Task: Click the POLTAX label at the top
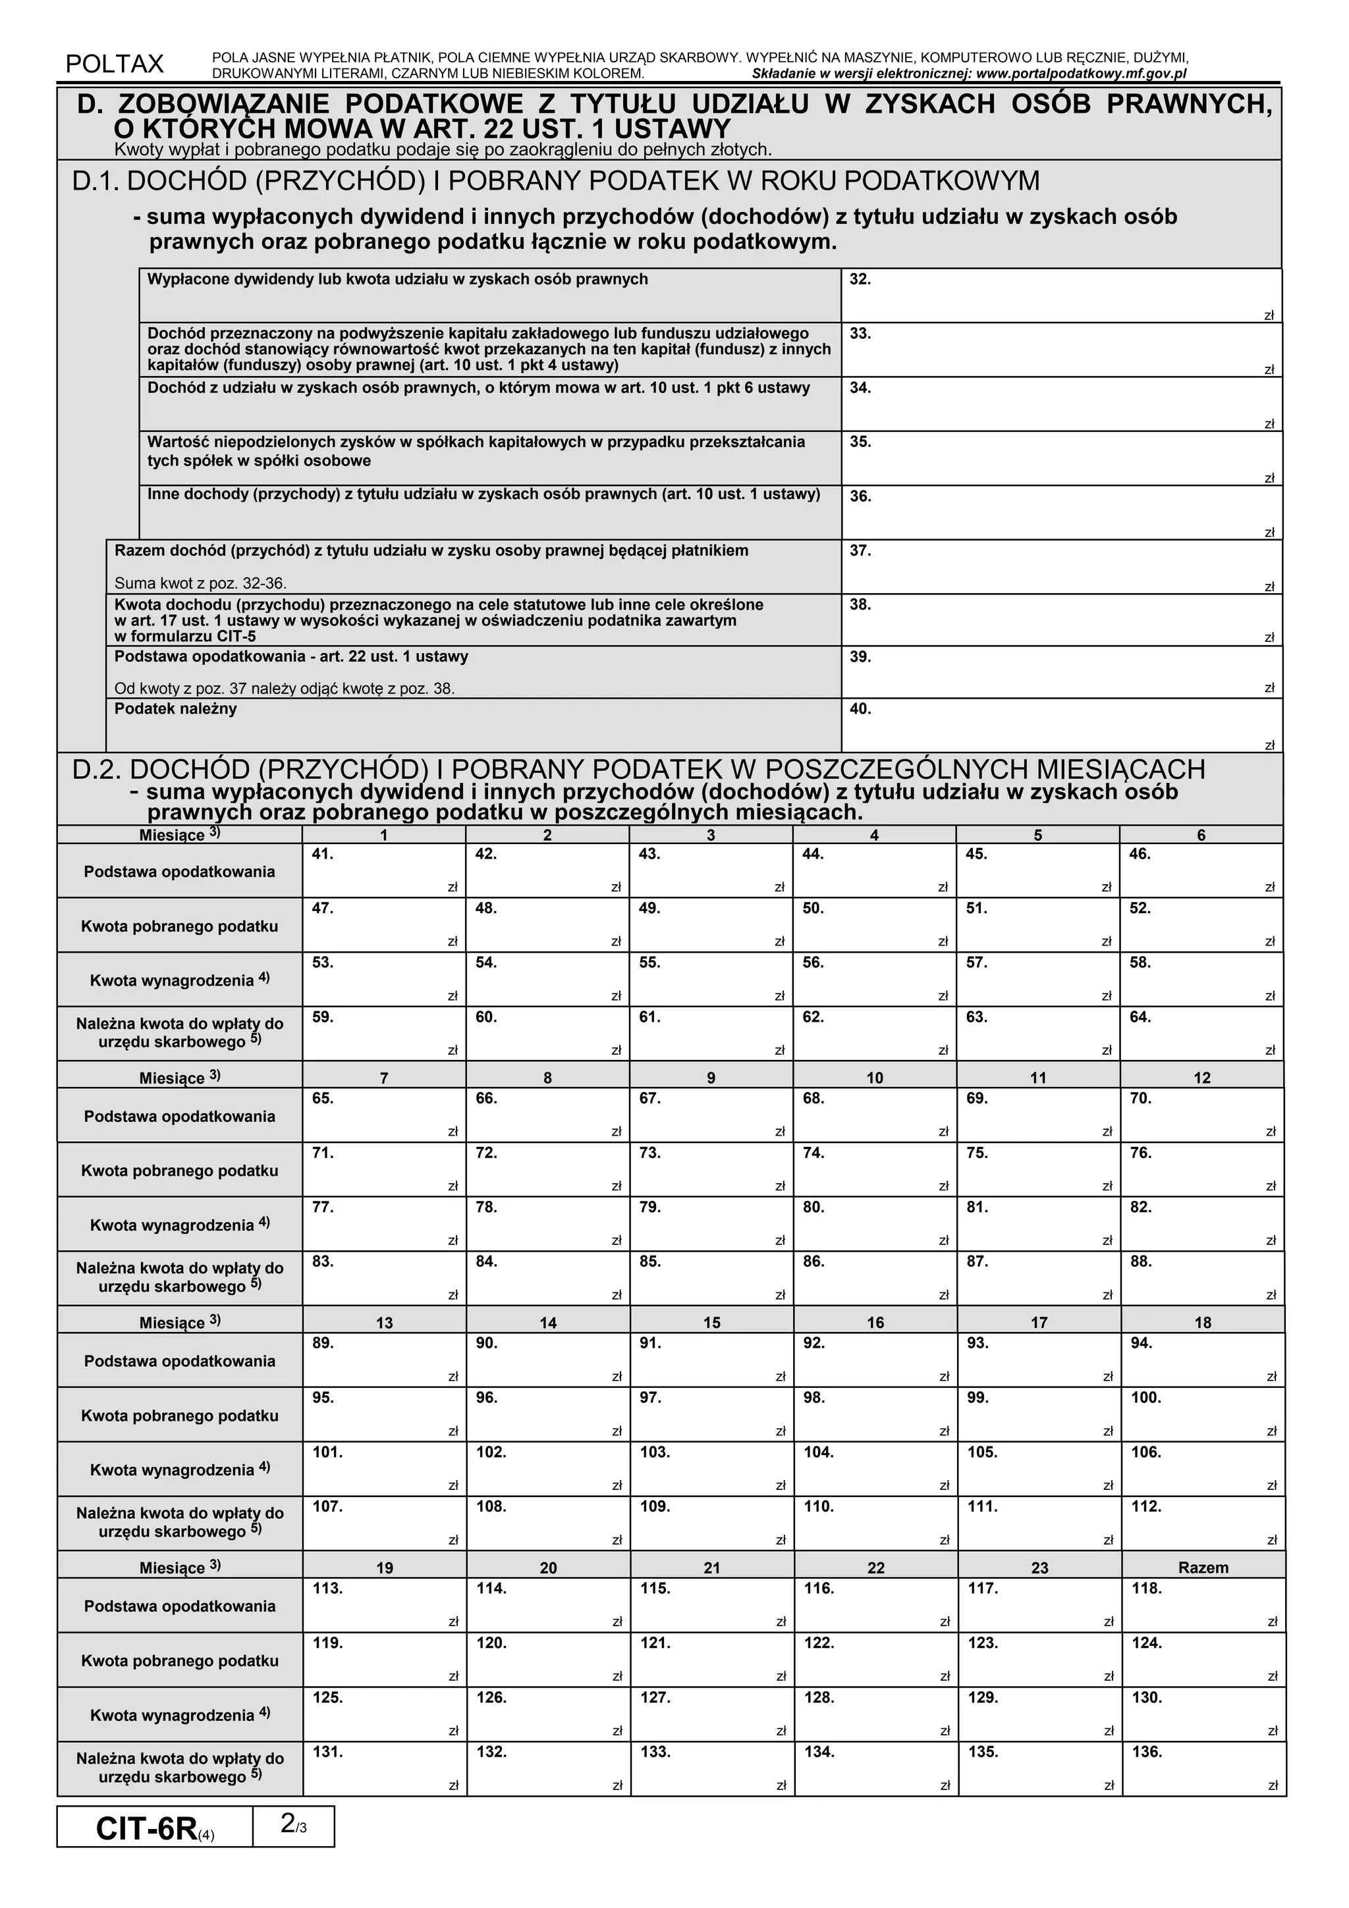tap(114, 64)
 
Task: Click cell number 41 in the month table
tap(383, 871)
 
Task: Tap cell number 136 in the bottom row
tap(1203, 1769)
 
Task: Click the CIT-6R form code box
tap(155, 1829)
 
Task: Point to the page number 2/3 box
tap(293, 1826)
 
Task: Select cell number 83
tap(383, 1278)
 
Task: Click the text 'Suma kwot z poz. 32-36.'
tap(200, 583)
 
